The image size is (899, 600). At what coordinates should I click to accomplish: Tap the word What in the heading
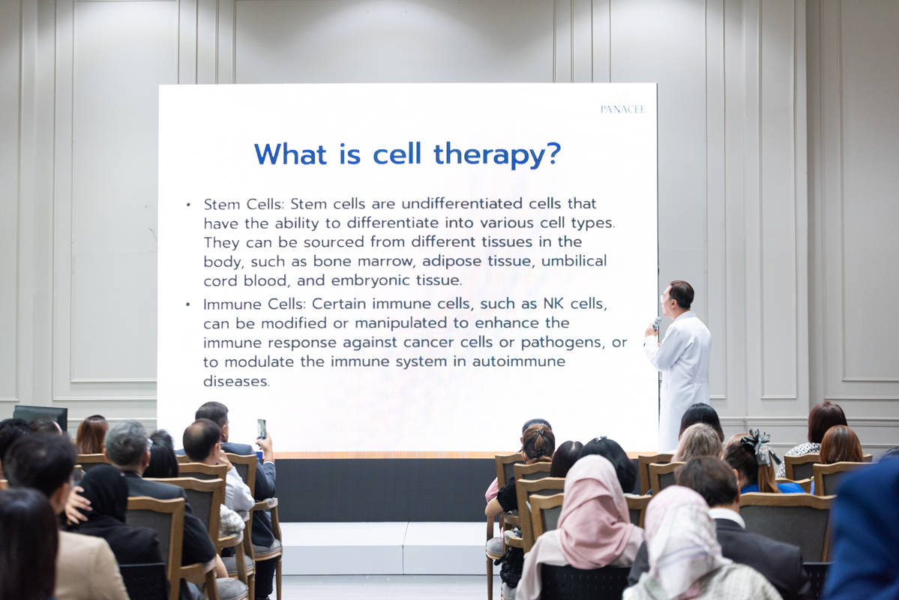(x=291, y=154)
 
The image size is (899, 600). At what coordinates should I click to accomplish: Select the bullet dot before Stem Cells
(x=188, y=205)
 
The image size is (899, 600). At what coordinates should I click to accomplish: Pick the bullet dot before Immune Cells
(x=188, y=304)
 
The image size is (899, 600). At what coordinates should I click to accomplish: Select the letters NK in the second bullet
(x=553, y=304)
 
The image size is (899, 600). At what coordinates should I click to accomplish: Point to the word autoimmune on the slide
(x=519, y=361)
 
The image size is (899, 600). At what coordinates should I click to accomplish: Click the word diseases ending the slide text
(x=236, y=382)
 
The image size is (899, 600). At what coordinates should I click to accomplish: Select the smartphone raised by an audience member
(x=262, y=429)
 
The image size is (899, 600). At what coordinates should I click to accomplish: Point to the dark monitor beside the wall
(x=40, y=416)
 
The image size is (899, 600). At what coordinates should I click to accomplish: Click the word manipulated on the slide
(x=403, y=323)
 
